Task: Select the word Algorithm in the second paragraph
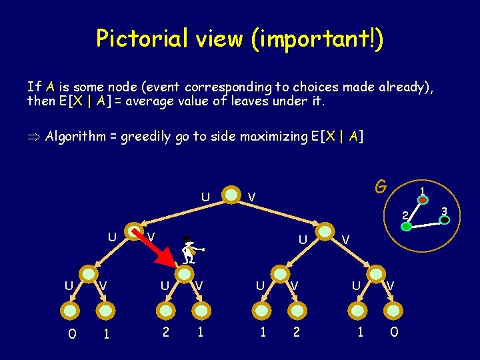[x=75, y=137]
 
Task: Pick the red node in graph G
[x=423, y=199]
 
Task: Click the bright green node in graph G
[x=406, y=227]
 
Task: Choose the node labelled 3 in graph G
[x=445, y=219]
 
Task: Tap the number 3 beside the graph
[x=449, y=211]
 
